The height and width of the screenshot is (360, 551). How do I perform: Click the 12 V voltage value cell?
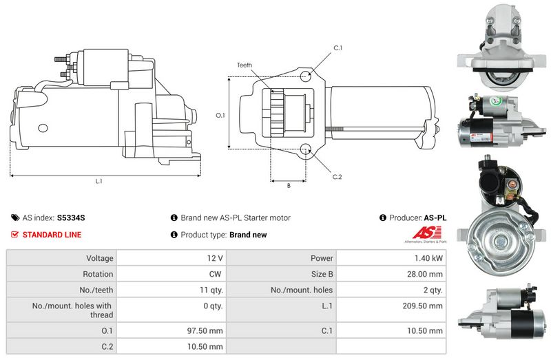coord(215,258)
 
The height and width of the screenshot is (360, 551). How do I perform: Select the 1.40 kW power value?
coord(428,258)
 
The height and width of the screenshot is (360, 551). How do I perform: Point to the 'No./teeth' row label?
coord(96,290)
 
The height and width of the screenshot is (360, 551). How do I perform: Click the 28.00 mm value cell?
coord(426,274)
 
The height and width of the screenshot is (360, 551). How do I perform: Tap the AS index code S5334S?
coord(71,218)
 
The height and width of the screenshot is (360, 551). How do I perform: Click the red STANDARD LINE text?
coord(52,235)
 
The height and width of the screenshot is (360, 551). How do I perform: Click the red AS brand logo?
coord(424,232)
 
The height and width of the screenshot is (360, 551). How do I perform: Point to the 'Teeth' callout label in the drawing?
coord(245,65)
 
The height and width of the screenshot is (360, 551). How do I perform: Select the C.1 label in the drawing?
coord(337,47)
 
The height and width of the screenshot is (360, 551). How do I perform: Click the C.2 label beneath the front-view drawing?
coord(337,177)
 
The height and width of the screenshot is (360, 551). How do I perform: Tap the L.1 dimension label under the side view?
coord(98,181)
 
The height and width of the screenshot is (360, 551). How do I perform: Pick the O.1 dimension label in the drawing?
coord(220,116)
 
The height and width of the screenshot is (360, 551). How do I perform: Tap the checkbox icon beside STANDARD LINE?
coord(15,235)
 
